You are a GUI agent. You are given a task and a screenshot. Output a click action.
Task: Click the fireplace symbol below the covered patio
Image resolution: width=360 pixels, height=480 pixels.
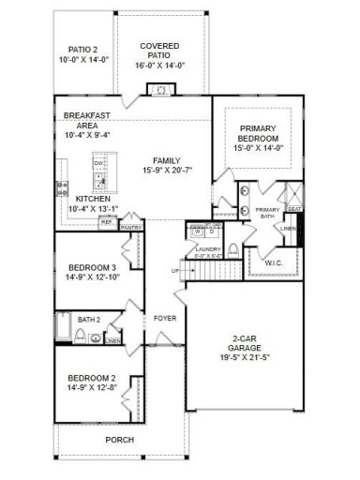click(160, 91)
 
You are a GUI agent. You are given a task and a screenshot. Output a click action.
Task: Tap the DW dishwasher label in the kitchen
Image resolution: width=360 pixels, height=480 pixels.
click(97, 163)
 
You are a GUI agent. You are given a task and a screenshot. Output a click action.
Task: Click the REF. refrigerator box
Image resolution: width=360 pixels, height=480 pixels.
click(106, 222)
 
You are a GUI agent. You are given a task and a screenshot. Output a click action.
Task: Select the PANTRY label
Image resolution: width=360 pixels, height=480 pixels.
click(131, 227)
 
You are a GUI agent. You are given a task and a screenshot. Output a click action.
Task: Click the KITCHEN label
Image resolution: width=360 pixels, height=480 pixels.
click(94, 200)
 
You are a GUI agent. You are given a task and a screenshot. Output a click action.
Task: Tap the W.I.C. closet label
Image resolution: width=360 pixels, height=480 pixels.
click(274, 262)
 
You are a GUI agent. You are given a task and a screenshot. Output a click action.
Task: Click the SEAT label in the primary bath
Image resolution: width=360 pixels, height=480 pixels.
click(294, 209)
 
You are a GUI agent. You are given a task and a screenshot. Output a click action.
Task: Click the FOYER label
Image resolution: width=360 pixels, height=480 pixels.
click(165, 319)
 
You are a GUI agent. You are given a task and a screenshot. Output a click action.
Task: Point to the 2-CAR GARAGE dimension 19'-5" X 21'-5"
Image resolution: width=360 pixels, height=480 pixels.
click(245, 357)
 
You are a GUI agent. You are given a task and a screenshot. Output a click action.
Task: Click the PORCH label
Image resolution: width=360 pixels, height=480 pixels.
click(119, 440)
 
